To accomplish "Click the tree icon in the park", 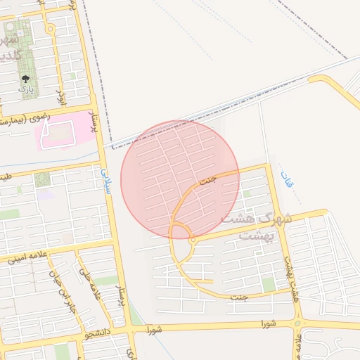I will pos(26,79).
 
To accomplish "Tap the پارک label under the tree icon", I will pos(26,91).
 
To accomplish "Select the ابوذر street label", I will pos(61,96).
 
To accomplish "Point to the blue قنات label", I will pos(287,179).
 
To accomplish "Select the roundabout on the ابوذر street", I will pos(50,29).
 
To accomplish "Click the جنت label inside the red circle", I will pos(207,181).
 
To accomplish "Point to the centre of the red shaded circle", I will pos(180,179).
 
